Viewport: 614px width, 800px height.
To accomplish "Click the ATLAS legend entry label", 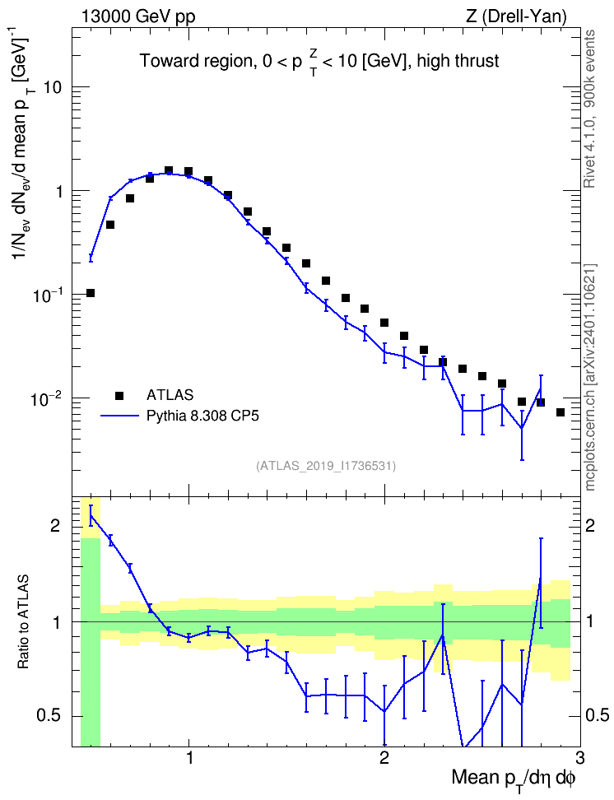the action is (x=170, y=395).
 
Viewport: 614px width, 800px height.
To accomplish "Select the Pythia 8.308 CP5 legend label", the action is (x=202, y=416).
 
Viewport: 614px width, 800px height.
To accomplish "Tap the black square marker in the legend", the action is (x=119, y=395).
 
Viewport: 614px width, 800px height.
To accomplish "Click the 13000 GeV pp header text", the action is (x=137, y=16).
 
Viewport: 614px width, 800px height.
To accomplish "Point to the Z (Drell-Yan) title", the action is (x=516, y=16).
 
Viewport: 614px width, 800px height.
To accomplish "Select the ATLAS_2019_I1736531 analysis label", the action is (x=326, y=465).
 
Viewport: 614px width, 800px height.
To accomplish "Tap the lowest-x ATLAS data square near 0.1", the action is (x=91, y=293).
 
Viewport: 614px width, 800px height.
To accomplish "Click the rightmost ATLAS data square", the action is (x=561, y=412).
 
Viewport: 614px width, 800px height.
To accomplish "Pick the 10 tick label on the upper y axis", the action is (x=53, y=87).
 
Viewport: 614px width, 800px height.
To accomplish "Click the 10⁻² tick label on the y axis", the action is (x=48, y=398).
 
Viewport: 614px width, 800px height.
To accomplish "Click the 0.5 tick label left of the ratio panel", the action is (x=48, y=716).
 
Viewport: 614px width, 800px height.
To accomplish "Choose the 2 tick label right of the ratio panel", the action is (x=590, y=525).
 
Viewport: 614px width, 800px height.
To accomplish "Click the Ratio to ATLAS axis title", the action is (x=23, y=622).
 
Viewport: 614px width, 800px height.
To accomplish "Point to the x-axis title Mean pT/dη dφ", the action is (x=514, y=779).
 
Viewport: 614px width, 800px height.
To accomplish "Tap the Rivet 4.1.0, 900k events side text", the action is (x=589, y=109).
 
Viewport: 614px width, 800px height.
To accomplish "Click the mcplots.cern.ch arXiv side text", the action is (x=589, y=377).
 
